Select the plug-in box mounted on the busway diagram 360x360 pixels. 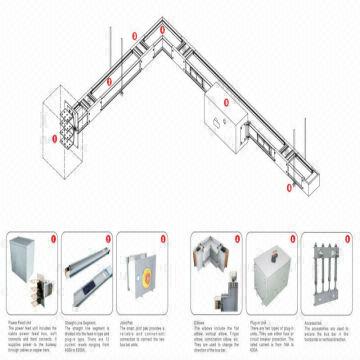[x=221, y=111]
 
